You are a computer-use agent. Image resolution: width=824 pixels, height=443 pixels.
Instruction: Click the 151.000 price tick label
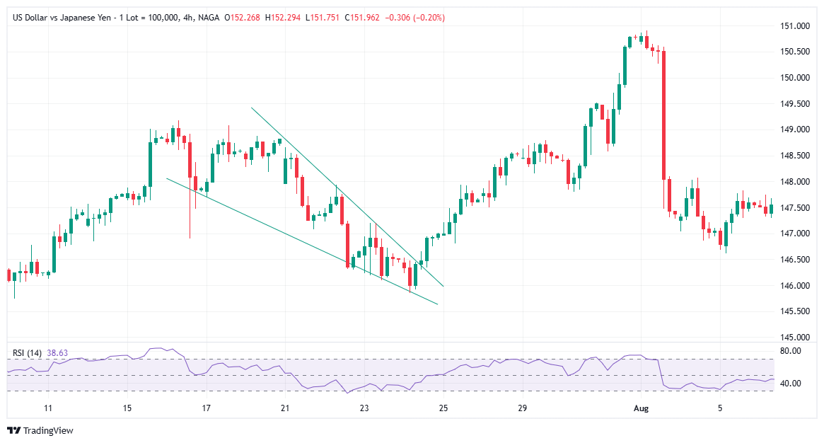point(795,26)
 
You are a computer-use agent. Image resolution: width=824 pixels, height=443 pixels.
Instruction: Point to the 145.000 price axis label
point(795,338)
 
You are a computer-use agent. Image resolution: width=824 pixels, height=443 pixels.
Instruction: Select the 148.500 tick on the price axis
point(795,156)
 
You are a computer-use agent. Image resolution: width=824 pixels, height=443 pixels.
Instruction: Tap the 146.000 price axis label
point(795,286)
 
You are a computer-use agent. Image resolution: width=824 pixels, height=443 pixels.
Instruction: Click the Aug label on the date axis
point(641,408)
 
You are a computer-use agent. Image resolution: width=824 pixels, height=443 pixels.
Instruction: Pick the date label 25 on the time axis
point(443,408)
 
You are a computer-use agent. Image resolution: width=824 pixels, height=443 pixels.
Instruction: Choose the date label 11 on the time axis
point(48,408)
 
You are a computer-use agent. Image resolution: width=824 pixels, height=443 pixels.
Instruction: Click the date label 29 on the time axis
point(522,408)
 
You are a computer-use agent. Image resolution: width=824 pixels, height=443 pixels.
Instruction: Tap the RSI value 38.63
point(57,352)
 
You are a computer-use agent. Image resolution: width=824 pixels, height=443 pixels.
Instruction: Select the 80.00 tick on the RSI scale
point(791,351)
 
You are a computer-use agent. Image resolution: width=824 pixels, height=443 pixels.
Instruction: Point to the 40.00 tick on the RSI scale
point(791,384)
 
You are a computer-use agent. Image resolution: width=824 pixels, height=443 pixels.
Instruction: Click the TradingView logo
point(40,430)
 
